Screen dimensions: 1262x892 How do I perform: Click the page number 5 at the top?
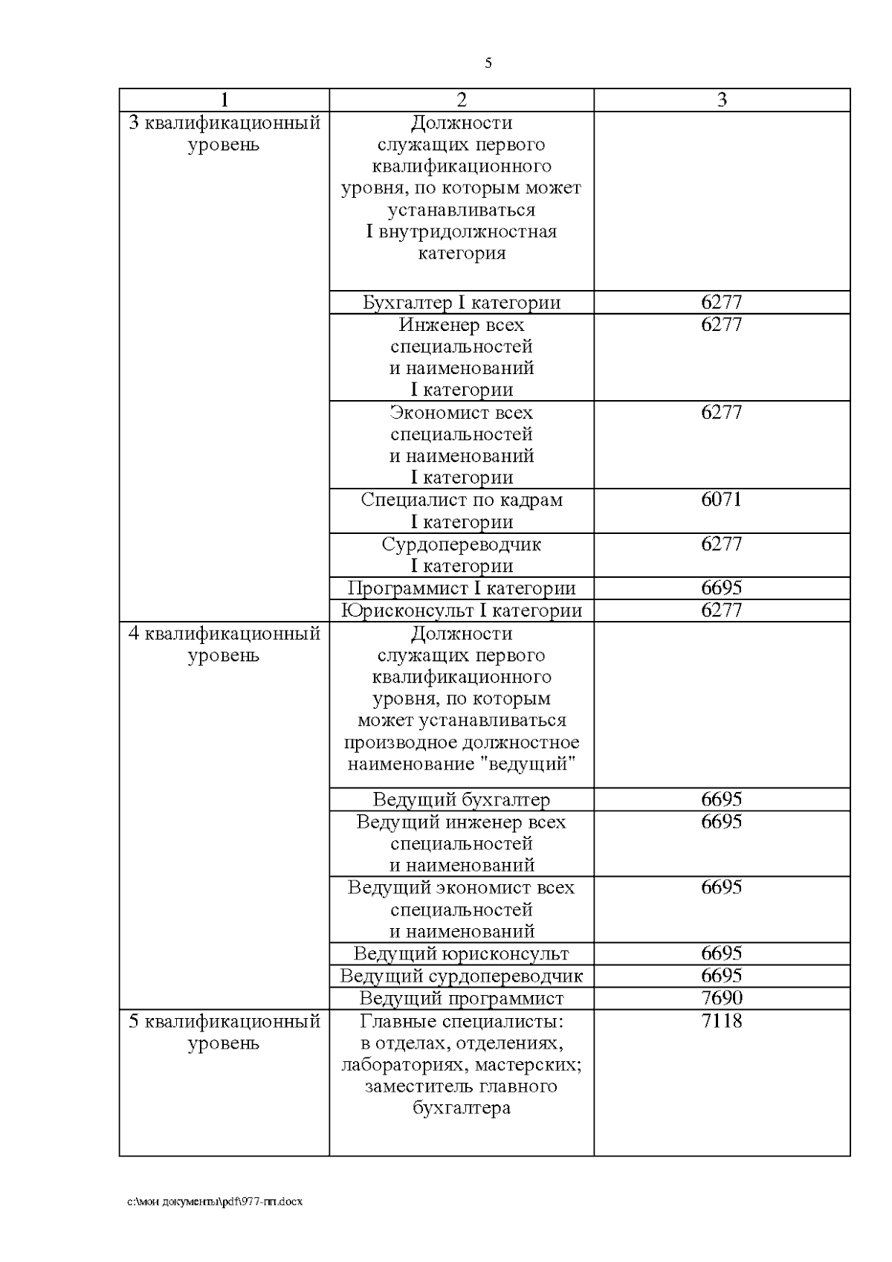click(x=488, y=63)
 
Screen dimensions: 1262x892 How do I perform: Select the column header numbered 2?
click(x=461, y=100)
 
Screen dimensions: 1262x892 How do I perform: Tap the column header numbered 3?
click(x=721, y=100)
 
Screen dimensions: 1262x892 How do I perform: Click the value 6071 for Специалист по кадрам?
click(x=721, y=499)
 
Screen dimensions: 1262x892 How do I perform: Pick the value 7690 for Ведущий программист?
click(x=721, y=997)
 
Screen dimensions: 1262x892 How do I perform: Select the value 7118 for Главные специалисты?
click(x=721, y=1020)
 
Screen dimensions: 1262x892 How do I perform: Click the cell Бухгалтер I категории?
click(x=461, y=303)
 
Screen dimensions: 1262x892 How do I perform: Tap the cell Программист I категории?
click(x=461, y=588)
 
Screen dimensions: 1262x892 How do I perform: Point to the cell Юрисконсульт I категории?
click(x=461, y=611)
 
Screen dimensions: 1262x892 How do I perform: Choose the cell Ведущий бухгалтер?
click(x=461, y=799)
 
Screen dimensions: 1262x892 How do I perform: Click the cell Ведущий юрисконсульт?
click(x=461, y=953)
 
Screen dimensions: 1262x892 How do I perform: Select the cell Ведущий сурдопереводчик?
click(x=461, y=976)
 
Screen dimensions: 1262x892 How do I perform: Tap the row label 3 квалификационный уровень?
click(x=224, y=133)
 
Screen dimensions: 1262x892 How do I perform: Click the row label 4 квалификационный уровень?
click(x=224, y=644)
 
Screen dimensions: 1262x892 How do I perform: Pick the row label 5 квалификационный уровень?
click(x=224, y=1031)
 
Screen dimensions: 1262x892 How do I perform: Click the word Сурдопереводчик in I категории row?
click(x=461, y=544)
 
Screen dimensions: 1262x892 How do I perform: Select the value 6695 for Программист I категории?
click(x=721, y=587)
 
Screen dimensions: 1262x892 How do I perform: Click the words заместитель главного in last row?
click(x=461, y=1086)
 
